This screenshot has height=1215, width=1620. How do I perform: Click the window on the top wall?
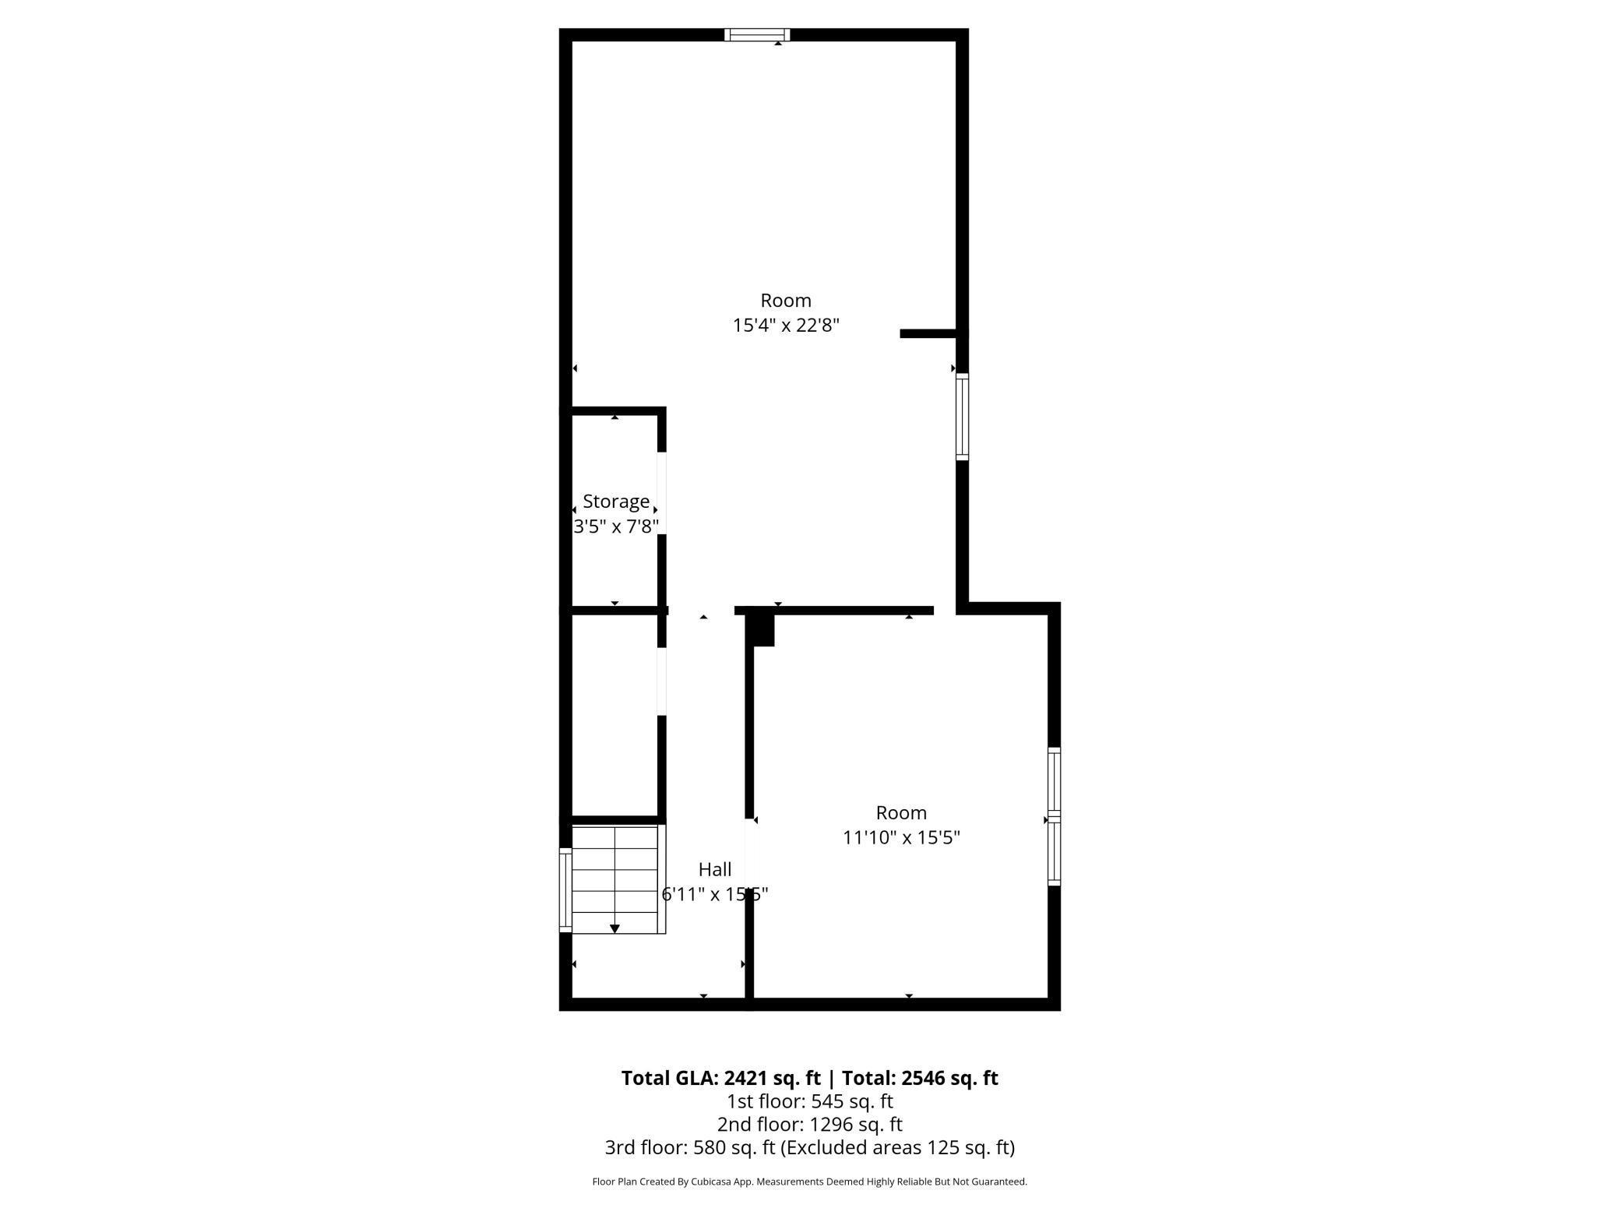[757, 34]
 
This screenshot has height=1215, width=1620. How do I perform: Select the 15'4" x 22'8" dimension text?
[786, 326]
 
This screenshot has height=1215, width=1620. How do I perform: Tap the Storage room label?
[616, 502]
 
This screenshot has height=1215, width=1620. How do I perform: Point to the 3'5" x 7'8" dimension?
[616, 527]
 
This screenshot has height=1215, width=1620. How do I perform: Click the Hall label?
[715, 869]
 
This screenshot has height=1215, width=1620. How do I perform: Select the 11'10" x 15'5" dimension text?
[901, 838]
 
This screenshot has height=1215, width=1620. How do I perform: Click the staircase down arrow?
[615, 928]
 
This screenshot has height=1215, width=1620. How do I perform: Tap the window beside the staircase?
[565, 889]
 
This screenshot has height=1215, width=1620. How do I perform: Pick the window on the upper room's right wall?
[963, 417]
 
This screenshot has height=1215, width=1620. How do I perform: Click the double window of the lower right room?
[1054, 816]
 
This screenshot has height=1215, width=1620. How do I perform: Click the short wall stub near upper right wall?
[928, 333]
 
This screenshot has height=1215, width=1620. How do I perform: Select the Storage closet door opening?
[662, 493]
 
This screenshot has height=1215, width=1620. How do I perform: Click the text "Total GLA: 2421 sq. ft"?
[720, 1078]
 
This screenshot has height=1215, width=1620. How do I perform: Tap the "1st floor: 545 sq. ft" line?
[809, 1101]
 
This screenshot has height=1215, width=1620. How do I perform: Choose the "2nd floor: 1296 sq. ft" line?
[809, 1124]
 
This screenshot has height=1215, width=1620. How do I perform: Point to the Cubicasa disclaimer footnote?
[809, 1182]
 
